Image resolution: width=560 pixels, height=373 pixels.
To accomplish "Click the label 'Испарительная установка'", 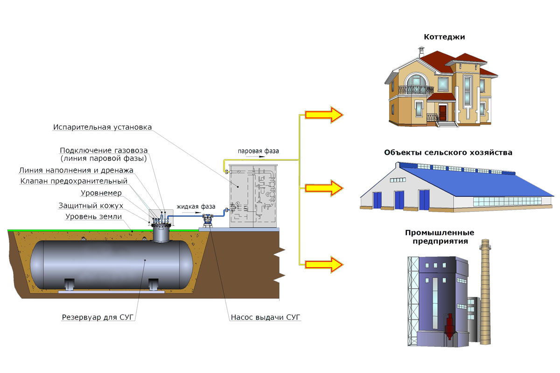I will click(102, 127).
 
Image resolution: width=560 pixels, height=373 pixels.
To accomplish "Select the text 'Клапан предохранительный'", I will click(74, 181).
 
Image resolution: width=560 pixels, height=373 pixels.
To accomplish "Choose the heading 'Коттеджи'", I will click(444, 37).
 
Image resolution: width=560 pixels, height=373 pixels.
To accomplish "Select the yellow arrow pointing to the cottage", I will click(324, 114).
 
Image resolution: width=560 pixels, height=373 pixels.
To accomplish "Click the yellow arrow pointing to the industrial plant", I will click(324, 264).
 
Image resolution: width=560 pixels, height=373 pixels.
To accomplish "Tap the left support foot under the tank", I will click(70, 284).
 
